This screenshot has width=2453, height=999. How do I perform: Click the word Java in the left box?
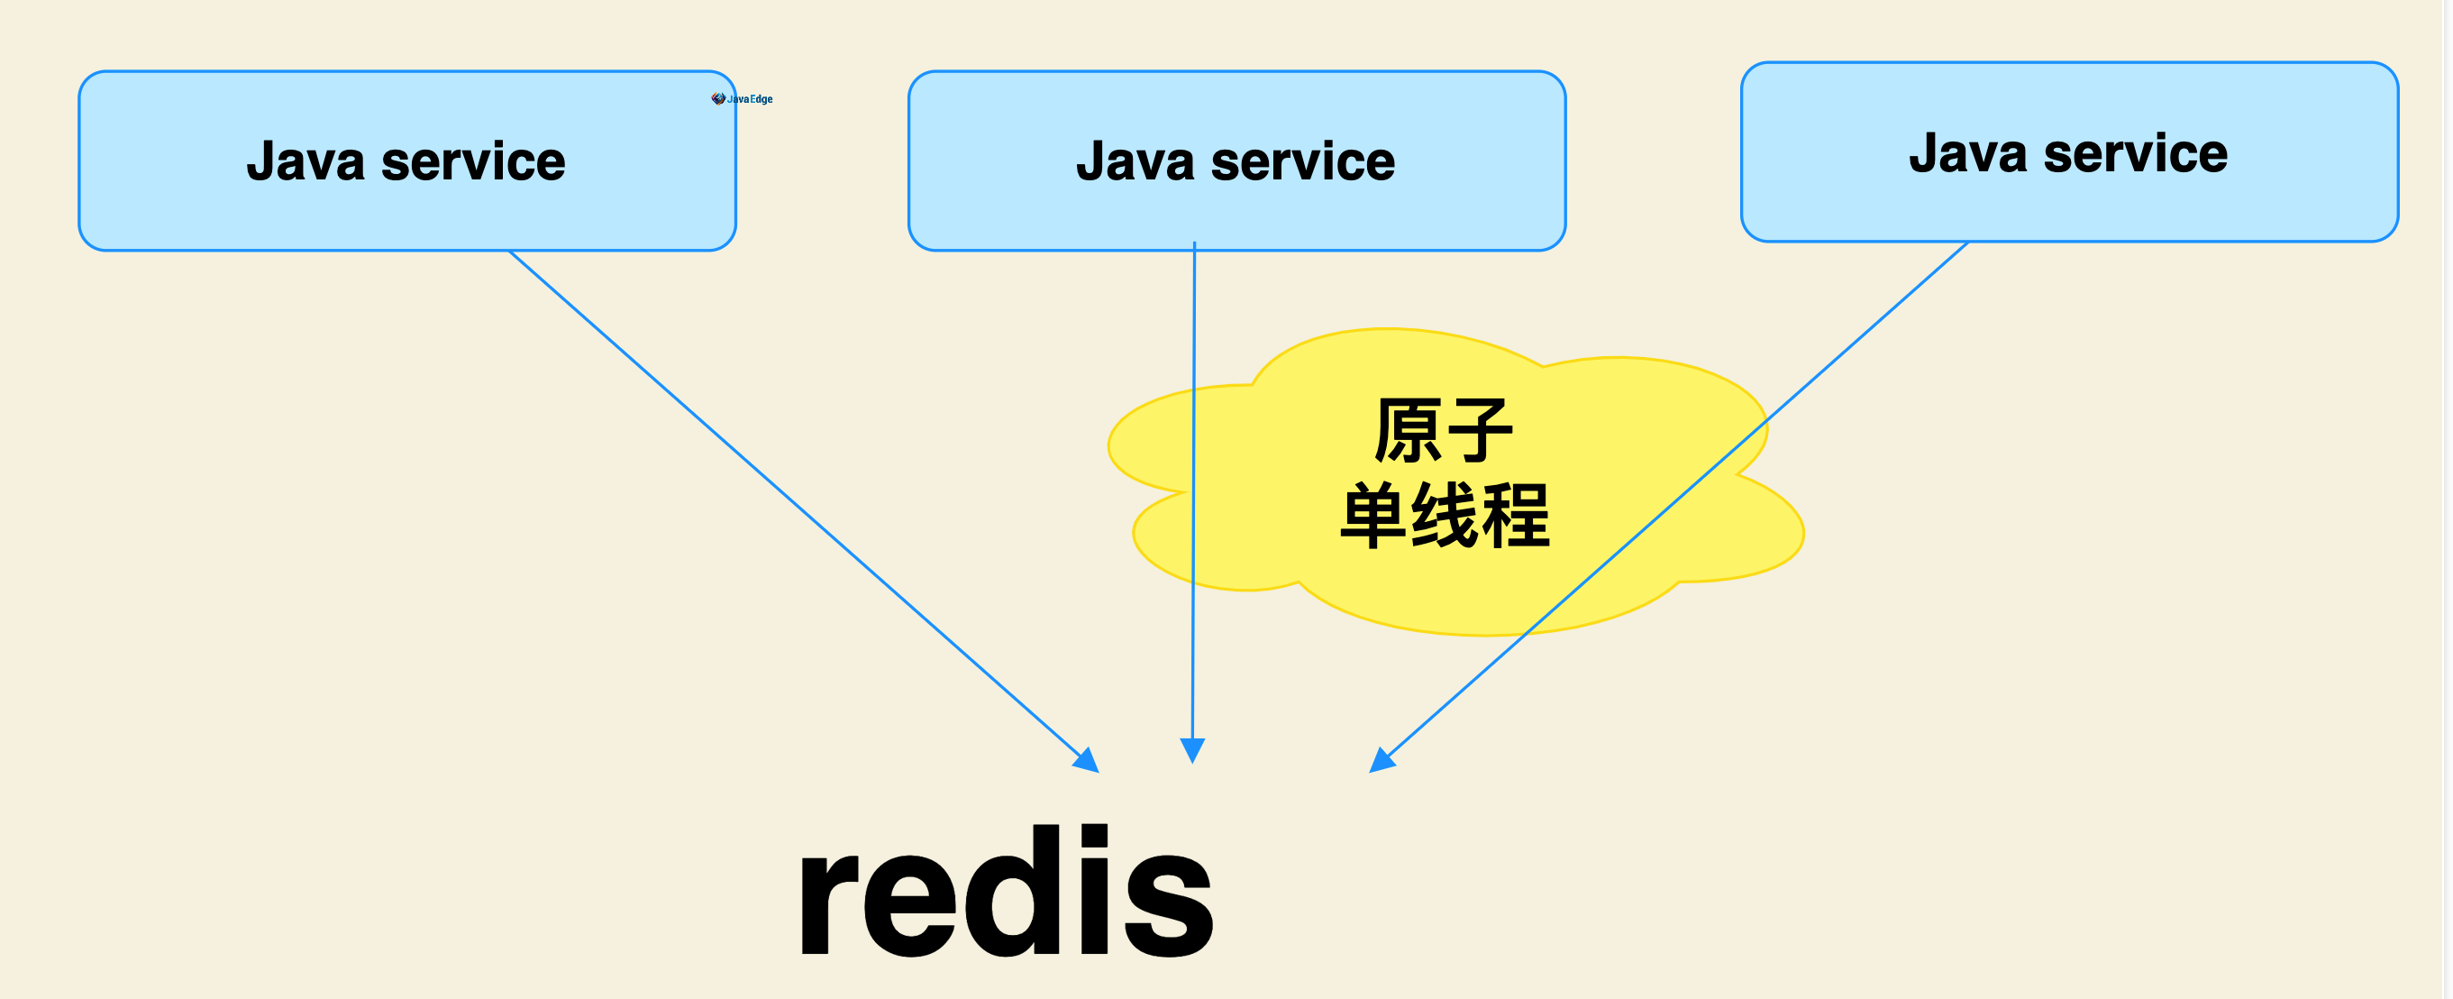(305, 161)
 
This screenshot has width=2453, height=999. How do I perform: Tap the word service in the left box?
(472, 161)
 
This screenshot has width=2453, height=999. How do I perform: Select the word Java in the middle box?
(1135, 161)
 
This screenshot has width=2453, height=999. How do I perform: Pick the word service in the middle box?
(1303, 161)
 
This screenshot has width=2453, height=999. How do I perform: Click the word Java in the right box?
(1967, 153)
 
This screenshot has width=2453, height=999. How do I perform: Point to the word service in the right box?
(2135, 153)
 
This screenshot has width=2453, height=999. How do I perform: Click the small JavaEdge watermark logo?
(742, 99)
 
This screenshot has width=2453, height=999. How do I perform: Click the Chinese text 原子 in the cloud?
(1443, 430)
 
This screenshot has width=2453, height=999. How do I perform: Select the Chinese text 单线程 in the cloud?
(1445, 515)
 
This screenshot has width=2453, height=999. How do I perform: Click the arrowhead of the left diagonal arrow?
(1089, 762)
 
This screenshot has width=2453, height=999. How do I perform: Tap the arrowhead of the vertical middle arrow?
(1192, 750)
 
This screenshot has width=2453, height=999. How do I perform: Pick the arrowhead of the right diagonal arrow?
(1381, 761)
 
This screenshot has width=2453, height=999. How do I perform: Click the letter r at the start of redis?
(830, 904)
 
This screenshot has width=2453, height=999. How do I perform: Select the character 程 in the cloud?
(1515, 515)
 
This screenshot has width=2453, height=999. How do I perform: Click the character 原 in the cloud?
(1409, 430)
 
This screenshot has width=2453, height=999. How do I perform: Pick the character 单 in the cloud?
(1373, 515)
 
